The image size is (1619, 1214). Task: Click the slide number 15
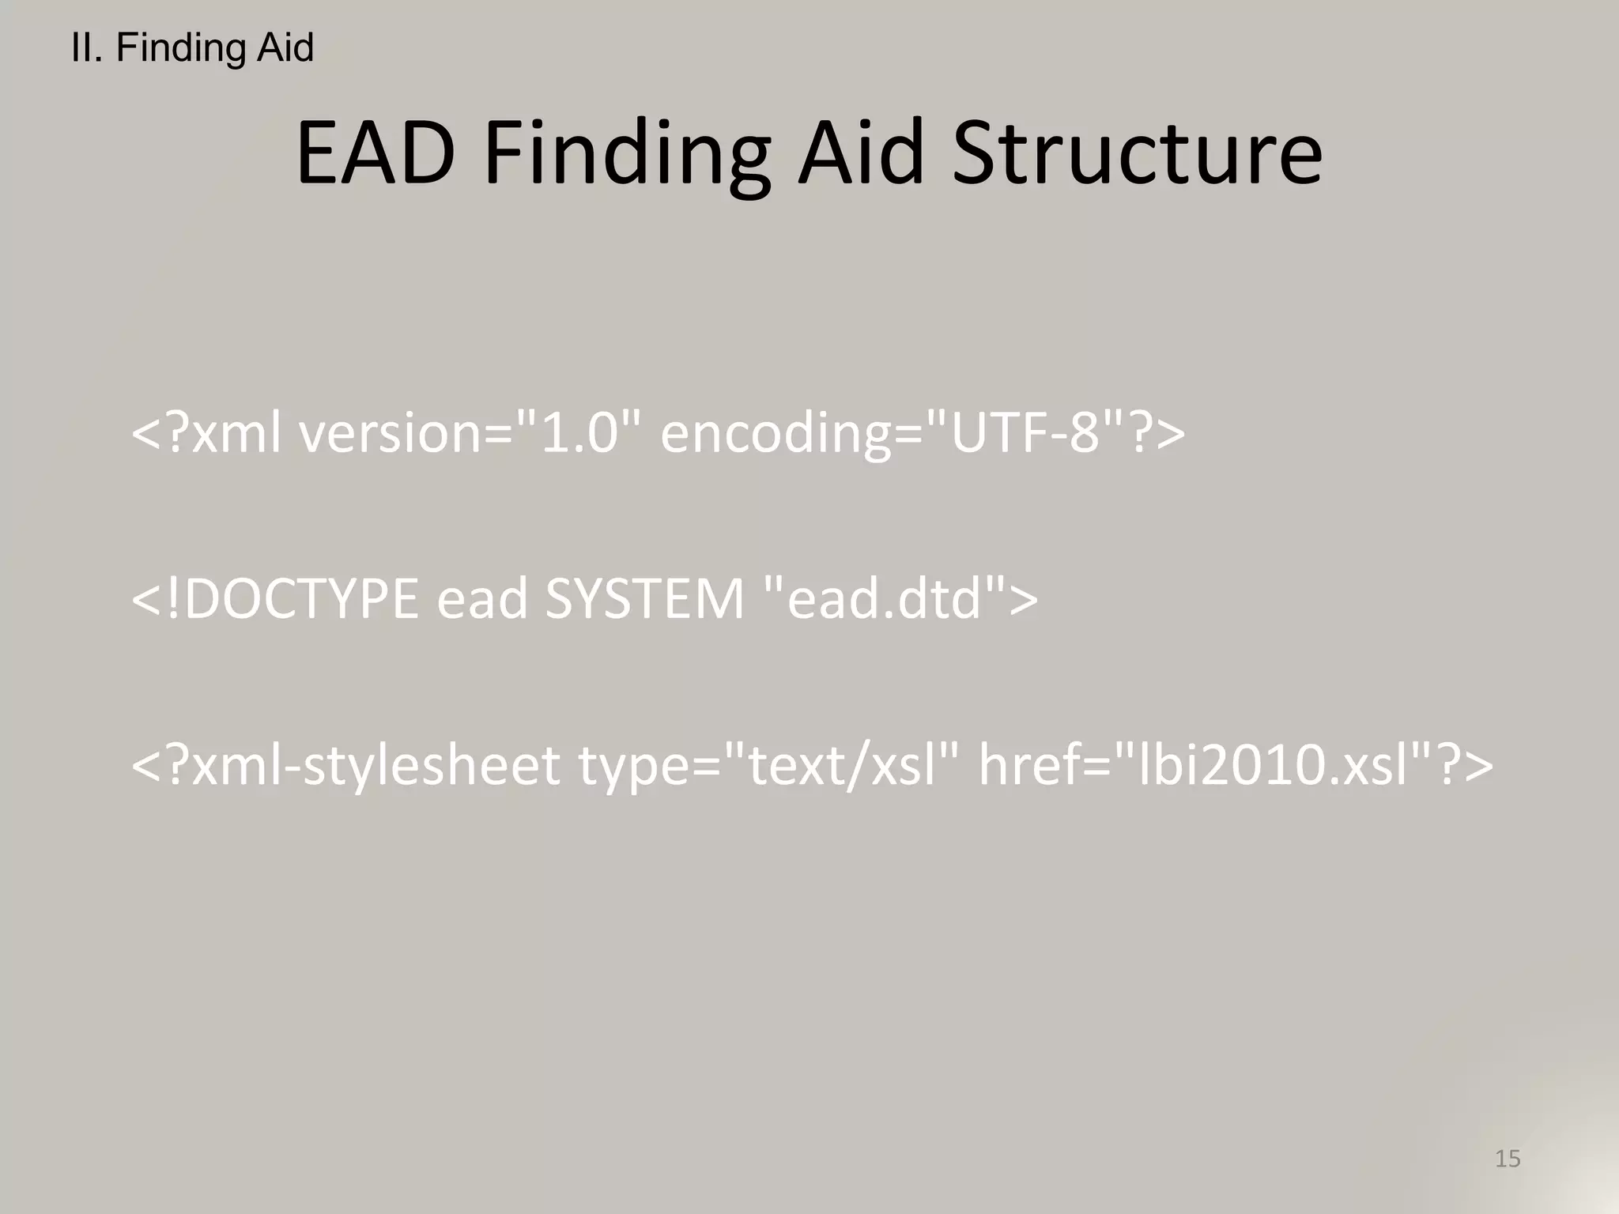click(x=1508, y=1159)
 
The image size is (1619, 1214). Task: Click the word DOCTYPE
click(x=301, y=598)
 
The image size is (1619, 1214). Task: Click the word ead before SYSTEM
click(x=482, y=598)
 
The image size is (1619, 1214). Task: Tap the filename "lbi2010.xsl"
click(x=1272, y=765)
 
